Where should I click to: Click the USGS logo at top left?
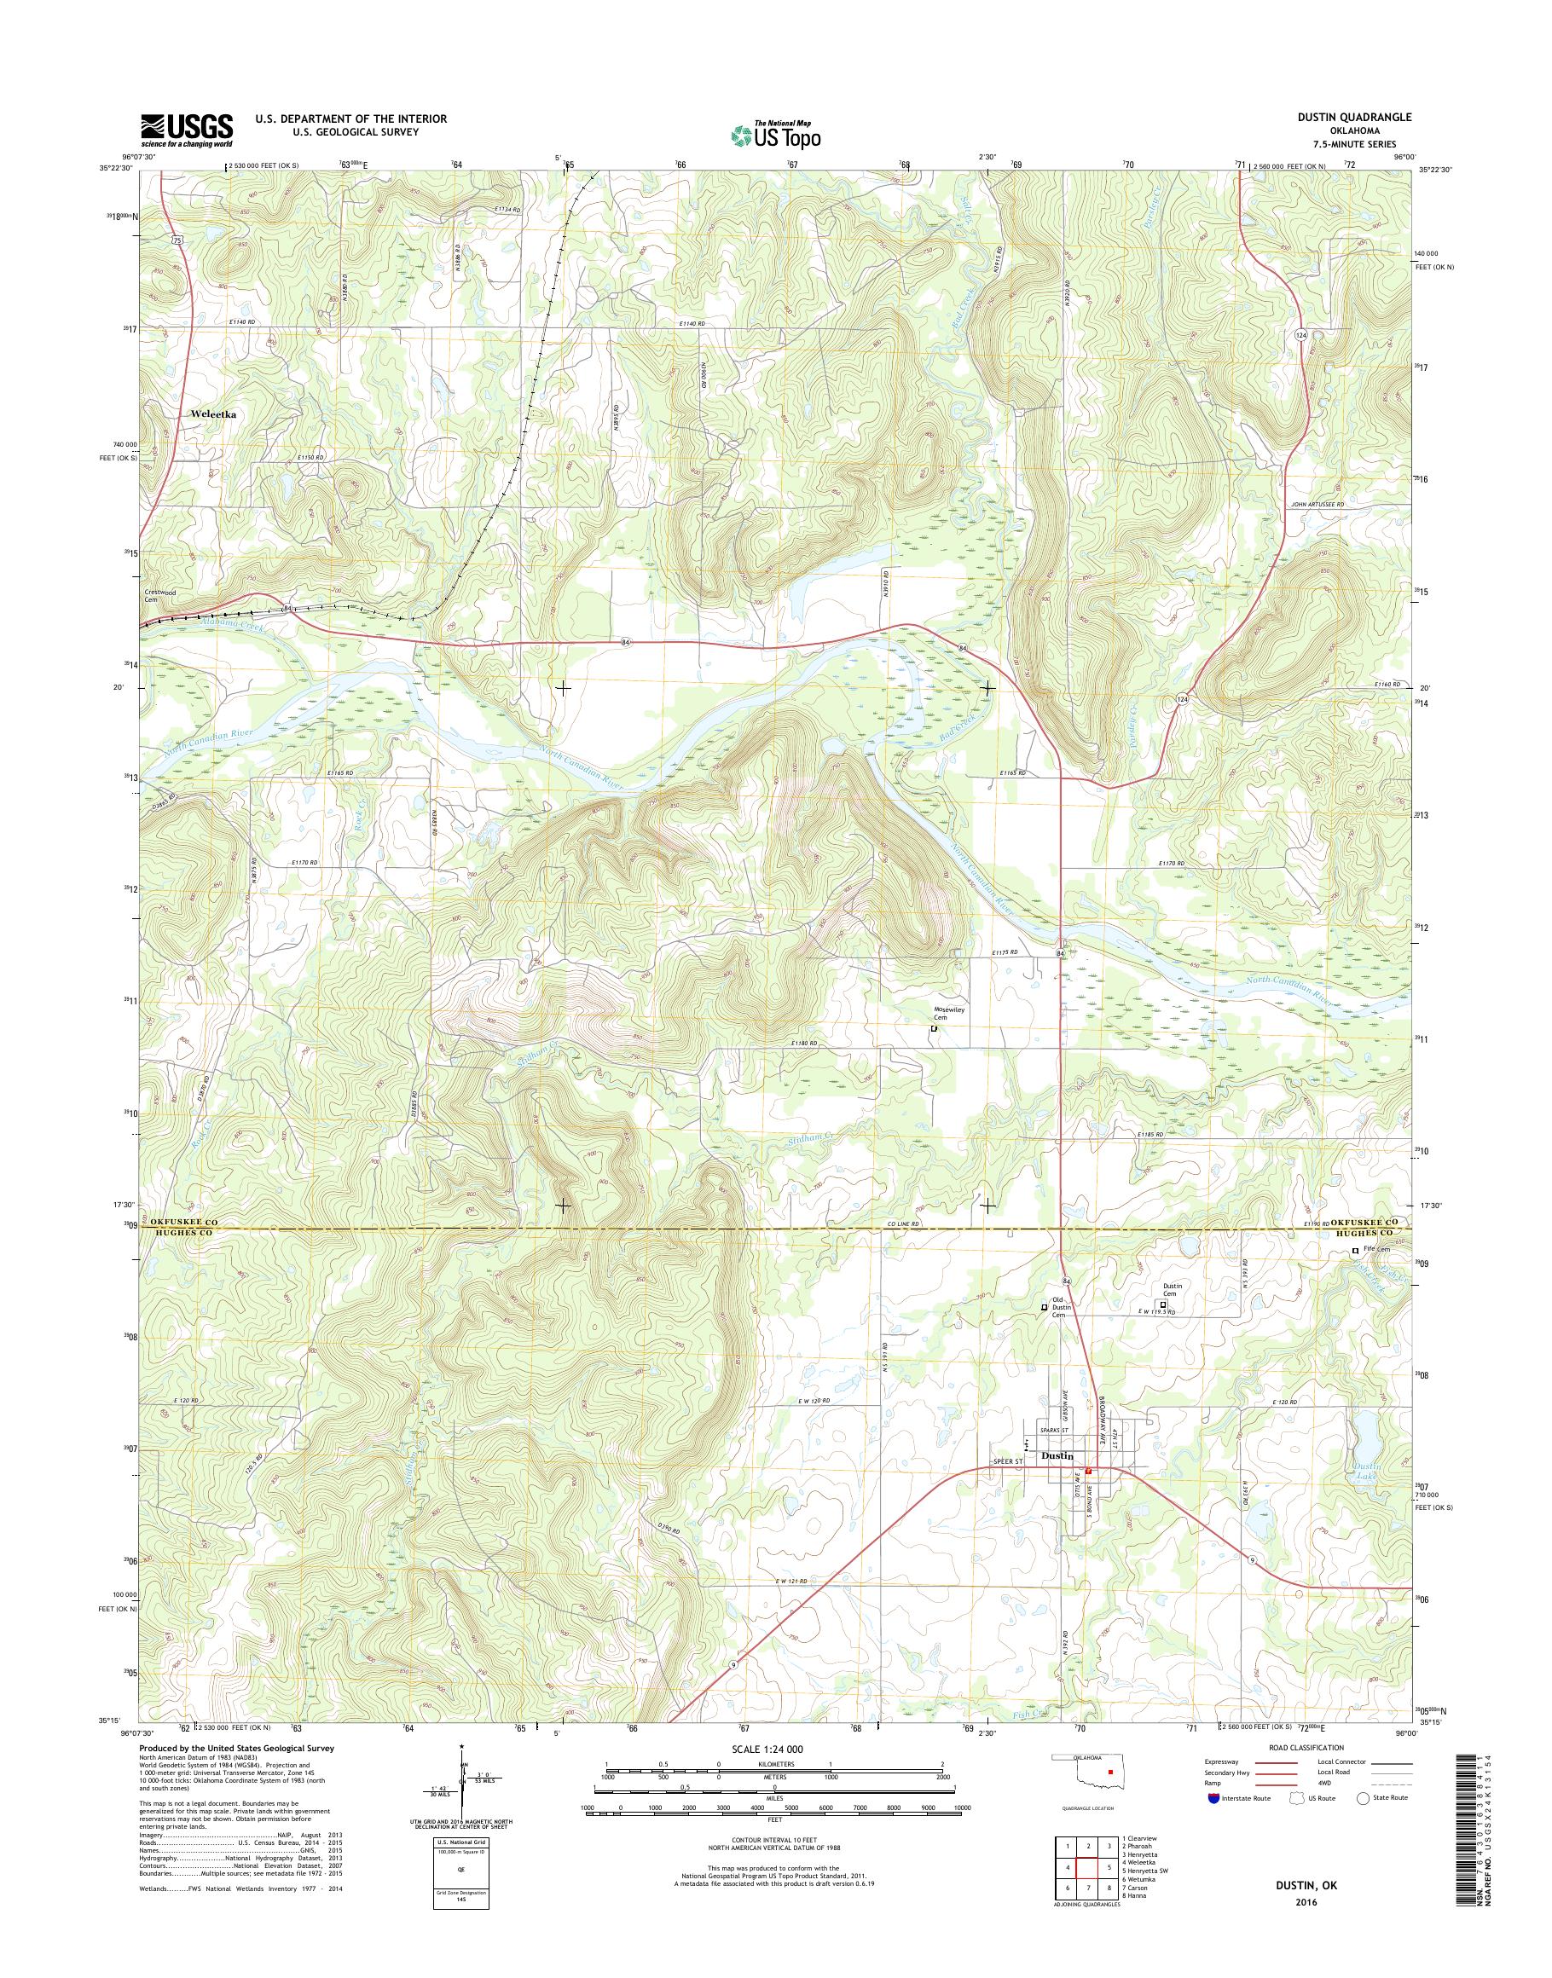[x=186, y=130]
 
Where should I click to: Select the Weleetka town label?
[x=214, y=414]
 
